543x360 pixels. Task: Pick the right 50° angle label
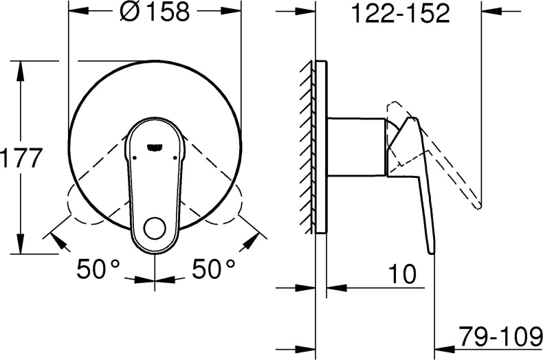(x=213, y=269)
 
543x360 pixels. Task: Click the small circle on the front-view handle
(x=155, y=229)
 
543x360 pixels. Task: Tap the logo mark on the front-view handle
(x=155, y=145)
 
